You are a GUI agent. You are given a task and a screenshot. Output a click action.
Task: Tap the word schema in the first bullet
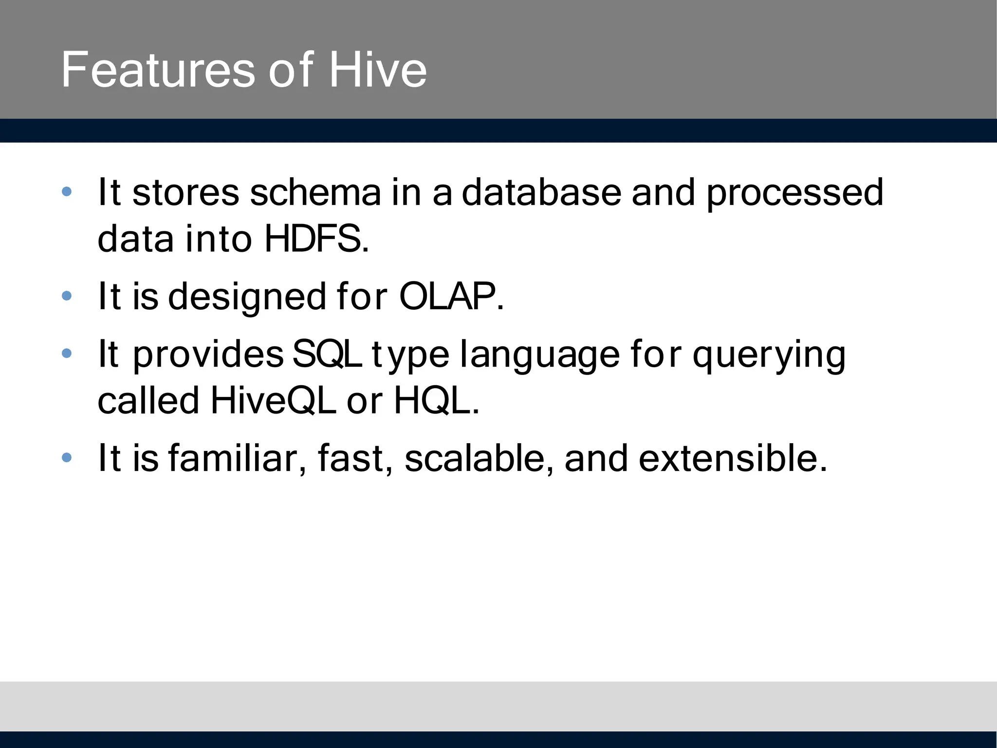[315, 192]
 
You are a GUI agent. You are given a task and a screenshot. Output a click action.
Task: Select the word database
[541, 192]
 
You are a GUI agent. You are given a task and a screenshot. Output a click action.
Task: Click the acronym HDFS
[316, 239]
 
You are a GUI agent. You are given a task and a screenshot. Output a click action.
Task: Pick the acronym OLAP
[451, 296]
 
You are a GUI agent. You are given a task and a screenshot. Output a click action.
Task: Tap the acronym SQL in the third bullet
[327, 354]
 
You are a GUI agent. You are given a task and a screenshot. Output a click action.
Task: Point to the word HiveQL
[273, 400]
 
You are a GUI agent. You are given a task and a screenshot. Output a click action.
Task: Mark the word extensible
[733, 458]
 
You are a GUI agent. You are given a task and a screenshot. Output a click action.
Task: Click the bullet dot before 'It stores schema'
[67, 192]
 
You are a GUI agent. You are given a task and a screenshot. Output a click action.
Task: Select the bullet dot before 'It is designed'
[67, 296]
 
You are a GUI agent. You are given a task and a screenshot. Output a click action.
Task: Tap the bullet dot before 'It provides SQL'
[67, 353]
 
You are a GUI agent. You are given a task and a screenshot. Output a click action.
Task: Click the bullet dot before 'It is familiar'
[67, 457]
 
